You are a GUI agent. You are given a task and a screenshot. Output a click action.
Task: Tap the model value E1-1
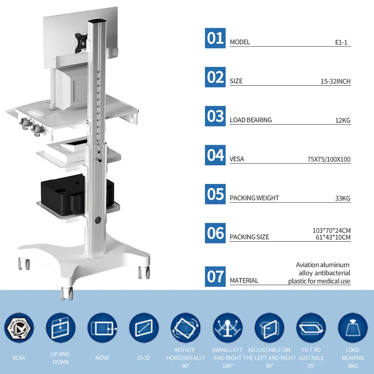click(341, 42)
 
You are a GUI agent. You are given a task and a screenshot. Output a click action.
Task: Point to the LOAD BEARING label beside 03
click(251, 120)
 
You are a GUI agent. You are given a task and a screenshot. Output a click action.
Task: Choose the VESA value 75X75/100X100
click(329, 159)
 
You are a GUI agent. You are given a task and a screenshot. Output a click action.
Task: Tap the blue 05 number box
click(215, 194)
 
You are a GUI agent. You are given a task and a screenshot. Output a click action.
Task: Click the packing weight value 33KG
click(343, 198)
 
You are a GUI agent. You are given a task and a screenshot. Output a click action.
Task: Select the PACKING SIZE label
click(249, 237)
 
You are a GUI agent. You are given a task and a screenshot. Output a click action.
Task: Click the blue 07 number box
click(215, 276)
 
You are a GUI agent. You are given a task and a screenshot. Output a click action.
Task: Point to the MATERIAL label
click(244, 280)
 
